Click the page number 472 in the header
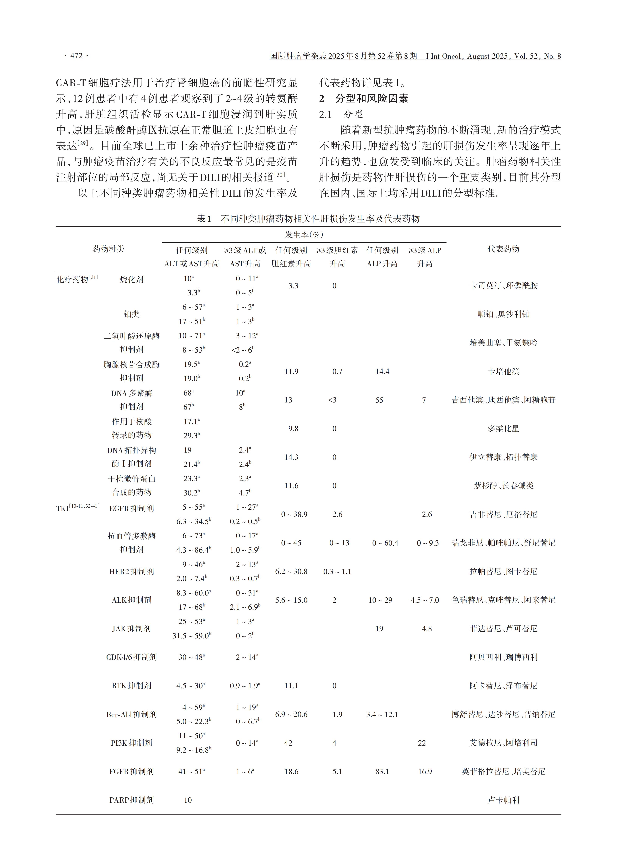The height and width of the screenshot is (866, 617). [76, 56]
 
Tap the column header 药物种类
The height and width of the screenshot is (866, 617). [109, 249]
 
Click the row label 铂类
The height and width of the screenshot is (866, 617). [131, 314]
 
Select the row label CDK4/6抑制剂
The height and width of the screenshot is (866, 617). [131, 657]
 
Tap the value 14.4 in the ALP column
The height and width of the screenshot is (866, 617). [382, 371]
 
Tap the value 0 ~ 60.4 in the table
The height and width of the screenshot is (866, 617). [385, 543]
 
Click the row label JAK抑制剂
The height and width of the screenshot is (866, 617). [131, 628]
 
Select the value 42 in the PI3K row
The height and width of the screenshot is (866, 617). [288, 743]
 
